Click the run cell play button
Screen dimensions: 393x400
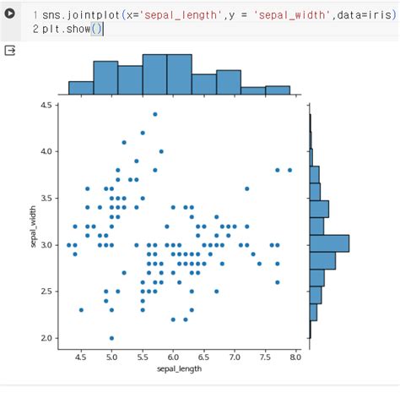click(11, 14)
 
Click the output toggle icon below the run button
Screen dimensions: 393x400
click(11, 51)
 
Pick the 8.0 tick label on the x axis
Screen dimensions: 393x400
click(295, 358)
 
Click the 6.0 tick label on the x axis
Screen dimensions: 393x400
click(172, 358)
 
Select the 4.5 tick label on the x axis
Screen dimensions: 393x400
click(81, 358)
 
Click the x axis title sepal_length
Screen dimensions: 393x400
click(179, 369)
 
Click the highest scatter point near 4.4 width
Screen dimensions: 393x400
click(154, 114)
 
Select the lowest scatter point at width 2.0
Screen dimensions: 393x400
click(111, 338)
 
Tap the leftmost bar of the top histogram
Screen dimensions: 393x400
click(80, 87)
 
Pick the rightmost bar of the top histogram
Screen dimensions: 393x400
click(278, 90)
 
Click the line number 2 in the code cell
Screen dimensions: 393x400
click(35, 29)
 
